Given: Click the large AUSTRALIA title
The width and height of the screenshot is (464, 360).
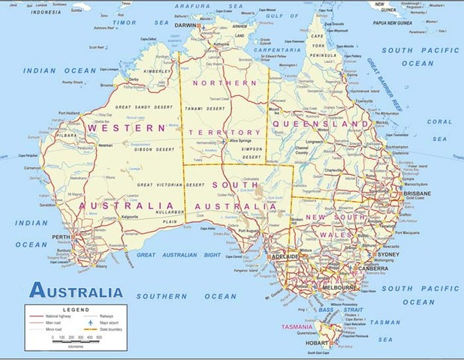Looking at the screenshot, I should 75,292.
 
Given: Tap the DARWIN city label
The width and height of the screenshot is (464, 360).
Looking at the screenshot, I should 185,25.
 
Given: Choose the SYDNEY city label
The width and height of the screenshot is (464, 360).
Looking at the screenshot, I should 388,254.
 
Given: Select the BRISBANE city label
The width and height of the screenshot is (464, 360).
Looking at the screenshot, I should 417,193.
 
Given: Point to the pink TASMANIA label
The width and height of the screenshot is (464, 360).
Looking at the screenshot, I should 299,327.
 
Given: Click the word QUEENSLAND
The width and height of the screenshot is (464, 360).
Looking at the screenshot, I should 321,124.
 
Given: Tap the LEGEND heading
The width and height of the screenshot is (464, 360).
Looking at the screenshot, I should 76,309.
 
